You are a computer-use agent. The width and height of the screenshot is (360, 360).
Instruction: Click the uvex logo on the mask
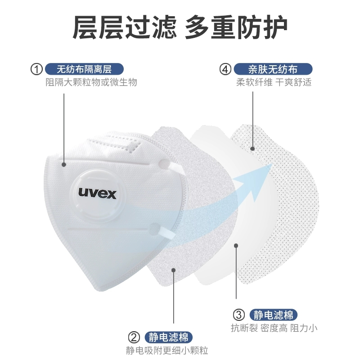point(98,193)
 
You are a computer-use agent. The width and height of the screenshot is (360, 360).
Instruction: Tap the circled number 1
point(36,69)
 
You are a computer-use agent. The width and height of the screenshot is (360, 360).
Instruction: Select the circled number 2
point(134,337)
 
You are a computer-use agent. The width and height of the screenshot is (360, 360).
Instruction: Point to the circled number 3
point(239,315)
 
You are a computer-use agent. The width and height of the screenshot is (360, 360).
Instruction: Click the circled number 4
point(225,69)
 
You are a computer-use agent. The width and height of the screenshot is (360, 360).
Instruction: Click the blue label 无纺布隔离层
point(84,69)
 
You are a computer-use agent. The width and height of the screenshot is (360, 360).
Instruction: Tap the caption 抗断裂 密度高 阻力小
point(274,328)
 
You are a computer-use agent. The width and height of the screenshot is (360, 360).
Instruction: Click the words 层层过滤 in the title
point(124,28)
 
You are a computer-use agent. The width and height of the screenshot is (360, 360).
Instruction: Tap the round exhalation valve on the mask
point(98,194)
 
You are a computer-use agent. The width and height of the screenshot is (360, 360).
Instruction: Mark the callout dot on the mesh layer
point(253,148)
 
